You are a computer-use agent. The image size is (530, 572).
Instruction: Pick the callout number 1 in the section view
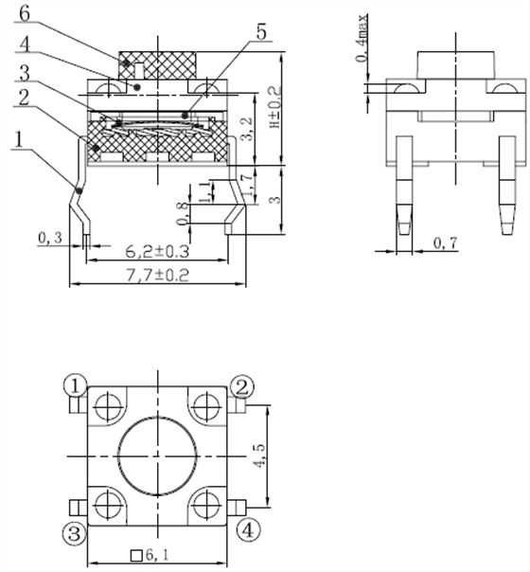18,139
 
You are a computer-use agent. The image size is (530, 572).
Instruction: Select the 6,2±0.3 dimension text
157,252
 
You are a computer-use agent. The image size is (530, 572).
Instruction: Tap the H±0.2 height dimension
275,111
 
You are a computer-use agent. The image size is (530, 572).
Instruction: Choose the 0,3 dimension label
50,238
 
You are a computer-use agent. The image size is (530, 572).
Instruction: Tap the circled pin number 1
75,385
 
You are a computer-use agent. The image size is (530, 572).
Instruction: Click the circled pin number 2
242,385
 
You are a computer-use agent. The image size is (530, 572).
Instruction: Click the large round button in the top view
157,456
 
